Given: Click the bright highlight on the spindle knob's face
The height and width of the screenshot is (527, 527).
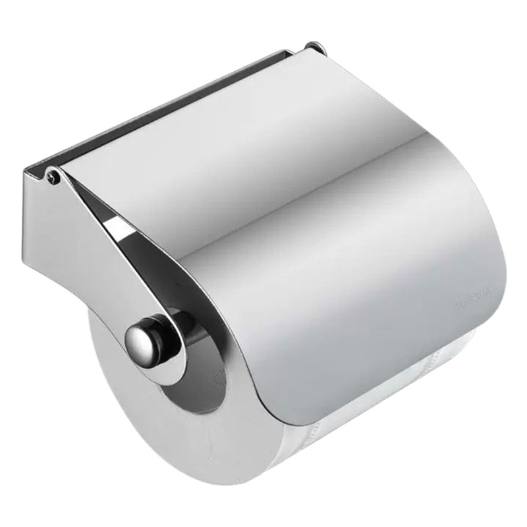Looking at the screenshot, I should (x=135, y=336).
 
